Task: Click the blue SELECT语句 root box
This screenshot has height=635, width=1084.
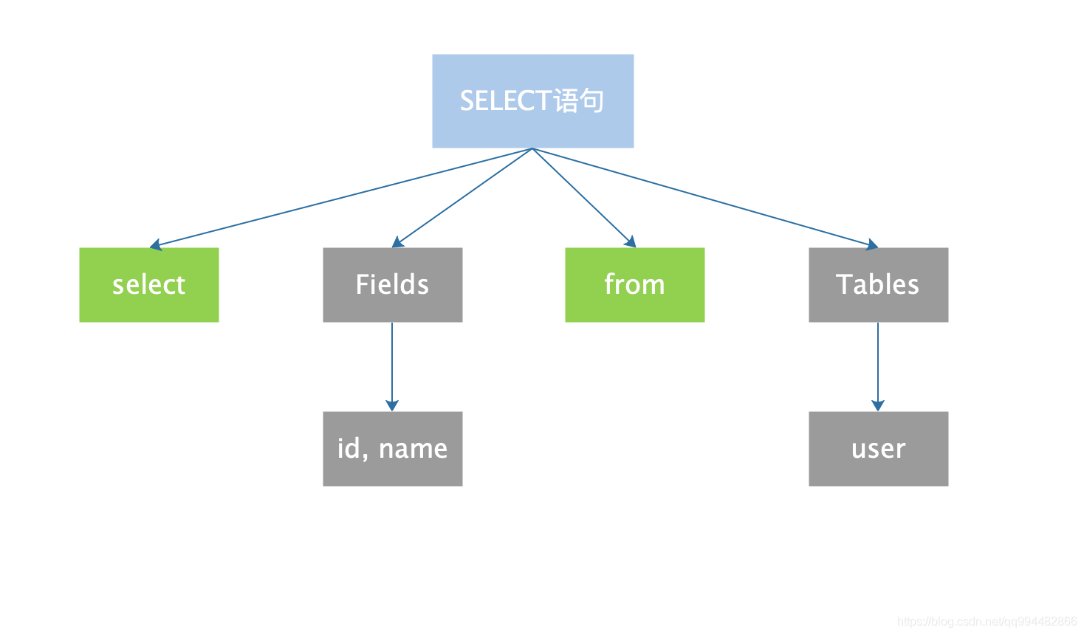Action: pos(533,101)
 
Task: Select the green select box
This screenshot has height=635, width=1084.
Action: pos(149,285)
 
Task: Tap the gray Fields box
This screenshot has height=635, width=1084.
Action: pos(392,285)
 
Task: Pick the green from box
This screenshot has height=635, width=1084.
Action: pos(635,285)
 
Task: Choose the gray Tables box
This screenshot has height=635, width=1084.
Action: pos(878,285)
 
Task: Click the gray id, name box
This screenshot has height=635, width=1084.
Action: pos(392,449)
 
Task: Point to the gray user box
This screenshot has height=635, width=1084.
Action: pos(878,449)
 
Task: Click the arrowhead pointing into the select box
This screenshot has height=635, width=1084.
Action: pos(155,245)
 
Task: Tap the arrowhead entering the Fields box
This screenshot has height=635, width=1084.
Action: pos(397,242)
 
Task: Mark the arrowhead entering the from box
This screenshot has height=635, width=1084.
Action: pos(631,241)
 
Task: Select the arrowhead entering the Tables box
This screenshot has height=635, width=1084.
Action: pos(872,244)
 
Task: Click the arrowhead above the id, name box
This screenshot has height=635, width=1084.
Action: pos(392,405)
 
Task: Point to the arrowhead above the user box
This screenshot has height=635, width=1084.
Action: pos(878,405)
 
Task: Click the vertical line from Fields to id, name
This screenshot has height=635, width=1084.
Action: pos(392,362)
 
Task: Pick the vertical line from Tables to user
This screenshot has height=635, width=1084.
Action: pos(878,362)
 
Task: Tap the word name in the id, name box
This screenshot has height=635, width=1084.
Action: pos(413,449)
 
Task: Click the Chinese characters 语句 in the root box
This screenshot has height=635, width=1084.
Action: pos(578,100)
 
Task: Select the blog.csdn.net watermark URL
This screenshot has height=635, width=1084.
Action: pos(987,622)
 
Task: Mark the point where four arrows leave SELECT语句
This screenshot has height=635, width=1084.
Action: pos(532,148)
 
